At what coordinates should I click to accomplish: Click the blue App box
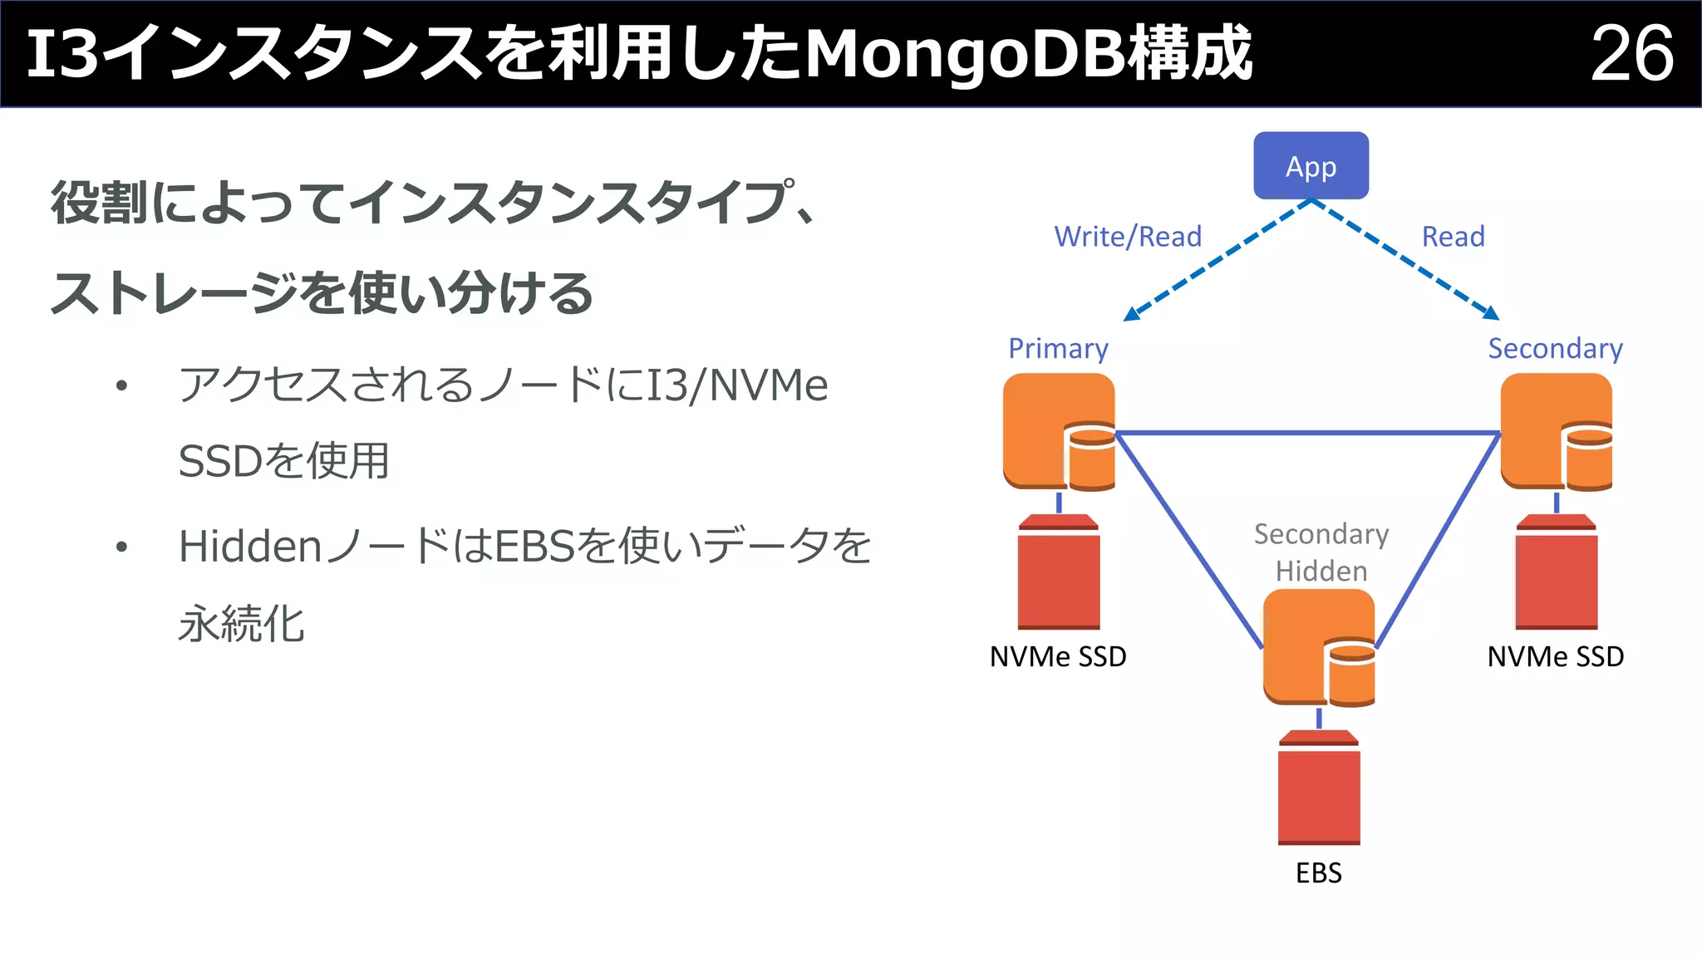click(1311, 166)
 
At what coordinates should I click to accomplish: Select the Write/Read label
click(1128, 237)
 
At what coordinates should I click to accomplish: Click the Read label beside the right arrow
click(1453, 237)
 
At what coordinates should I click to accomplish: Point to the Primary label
click(1058, 349)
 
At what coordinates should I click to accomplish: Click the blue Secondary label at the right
click(1555, 349)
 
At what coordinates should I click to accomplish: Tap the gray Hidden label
click(1321, 572)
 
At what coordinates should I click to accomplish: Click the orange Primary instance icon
click(1058, 431)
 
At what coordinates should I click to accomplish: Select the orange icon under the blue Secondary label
click(1556, 431)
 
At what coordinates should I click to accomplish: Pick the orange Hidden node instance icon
click(1318, 647)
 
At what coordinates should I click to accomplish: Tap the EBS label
click(1319, 873)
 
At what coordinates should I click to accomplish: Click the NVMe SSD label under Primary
click(1058, 657)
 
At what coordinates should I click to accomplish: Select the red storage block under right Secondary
click(1556, 572)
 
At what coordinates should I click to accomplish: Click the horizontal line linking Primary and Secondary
click(1307, 433)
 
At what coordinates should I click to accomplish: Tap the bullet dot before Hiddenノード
click(122, 547)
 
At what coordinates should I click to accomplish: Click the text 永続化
click(241, 624)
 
